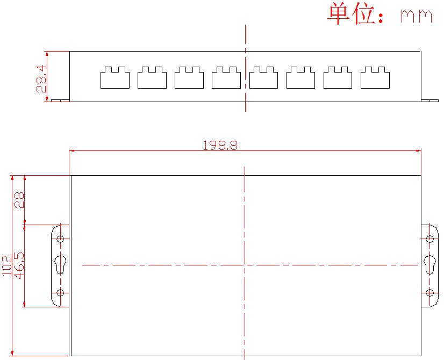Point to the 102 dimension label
click(7, 265)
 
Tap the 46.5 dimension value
click(19, 265)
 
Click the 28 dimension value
click(19, 200)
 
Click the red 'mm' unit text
click(417, 16)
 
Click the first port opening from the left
click(115, 78)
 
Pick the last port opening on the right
click(375, 78)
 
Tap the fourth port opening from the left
click(226, 78)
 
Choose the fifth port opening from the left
click(263, 78)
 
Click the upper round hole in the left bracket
click(60, 239)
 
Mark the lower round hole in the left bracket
click(60, 293)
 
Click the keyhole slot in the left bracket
click(60, 265)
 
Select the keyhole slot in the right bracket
click(429, 265)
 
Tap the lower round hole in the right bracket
click(429, 293)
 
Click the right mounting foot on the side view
click(431, 99)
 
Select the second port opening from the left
click(152, 78)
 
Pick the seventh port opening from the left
click(338, 78)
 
